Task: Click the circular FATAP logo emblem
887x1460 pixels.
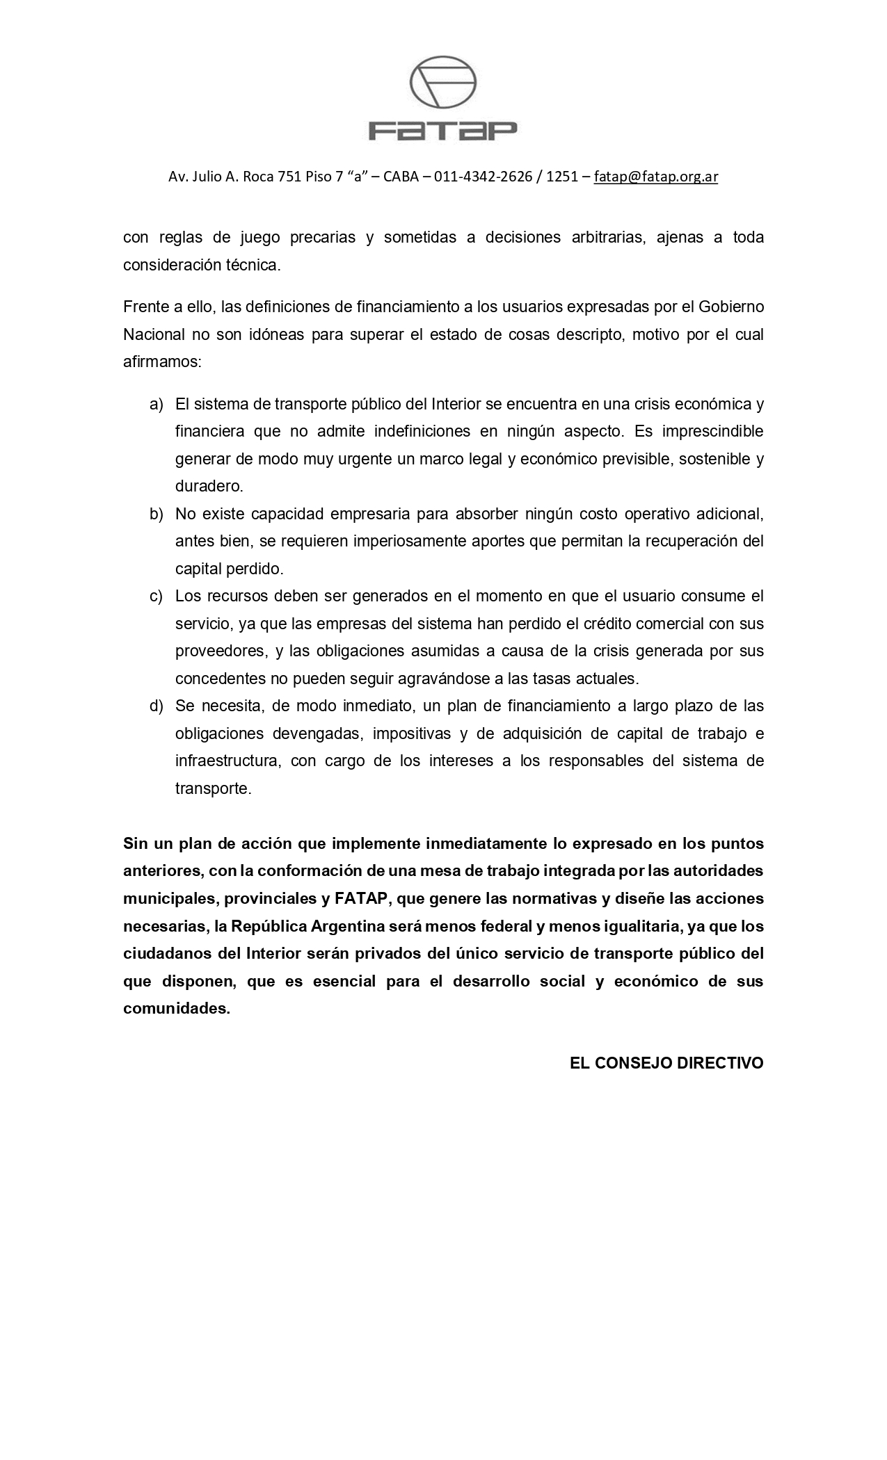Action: click(x=443, y=83)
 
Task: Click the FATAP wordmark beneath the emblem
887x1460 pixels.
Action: click(x=443, y=131)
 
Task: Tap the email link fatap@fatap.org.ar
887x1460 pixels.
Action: click(x=655, y=177)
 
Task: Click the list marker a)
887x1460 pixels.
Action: click(x=157, y=405)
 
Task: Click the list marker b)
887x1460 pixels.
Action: click(x=157, y=514)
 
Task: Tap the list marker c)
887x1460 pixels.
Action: click(x=157, y=597)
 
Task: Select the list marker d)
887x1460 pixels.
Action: click(x=157, y=706)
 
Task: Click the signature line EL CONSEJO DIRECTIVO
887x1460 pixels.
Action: click(x=666, y=1064)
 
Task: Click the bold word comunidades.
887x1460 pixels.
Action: click(x=177, y=1009)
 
